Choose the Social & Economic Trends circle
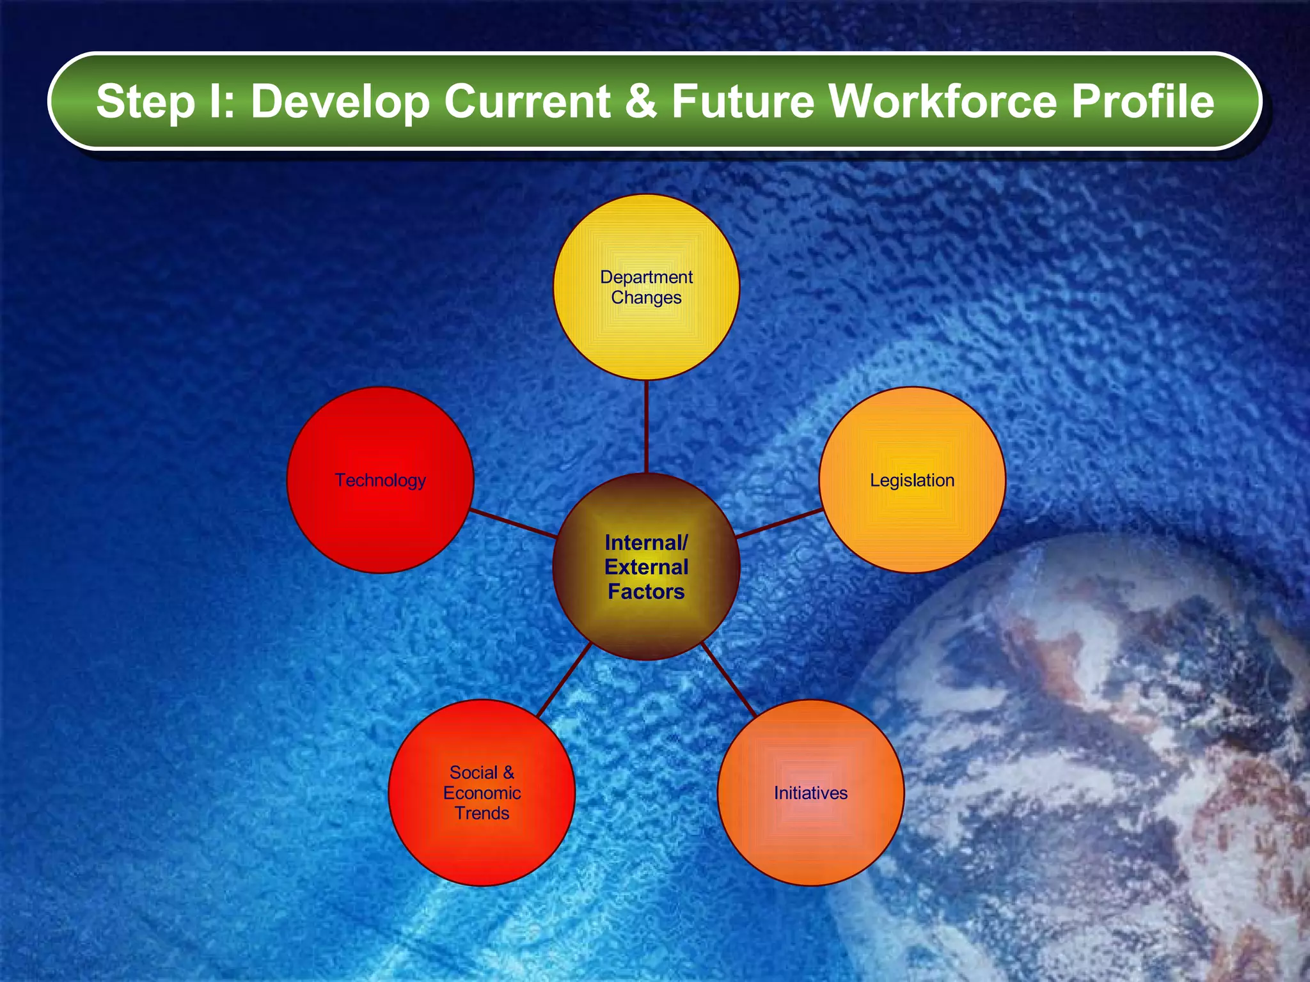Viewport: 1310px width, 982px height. point(482,844)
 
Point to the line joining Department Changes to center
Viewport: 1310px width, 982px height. point(647,426)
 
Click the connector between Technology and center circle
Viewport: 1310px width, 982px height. point(514,523)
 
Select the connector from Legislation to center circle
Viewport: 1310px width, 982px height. point(779,523)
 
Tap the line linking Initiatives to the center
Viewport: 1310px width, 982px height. point(729,679)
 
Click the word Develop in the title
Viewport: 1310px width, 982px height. point(340,102)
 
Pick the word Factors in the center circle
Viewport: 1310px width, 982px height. point(646,591)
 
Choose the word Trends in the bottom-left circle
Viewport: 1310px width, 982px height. point(482,813)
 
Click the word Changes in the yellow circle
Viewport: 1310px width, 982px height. point(646,297)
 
